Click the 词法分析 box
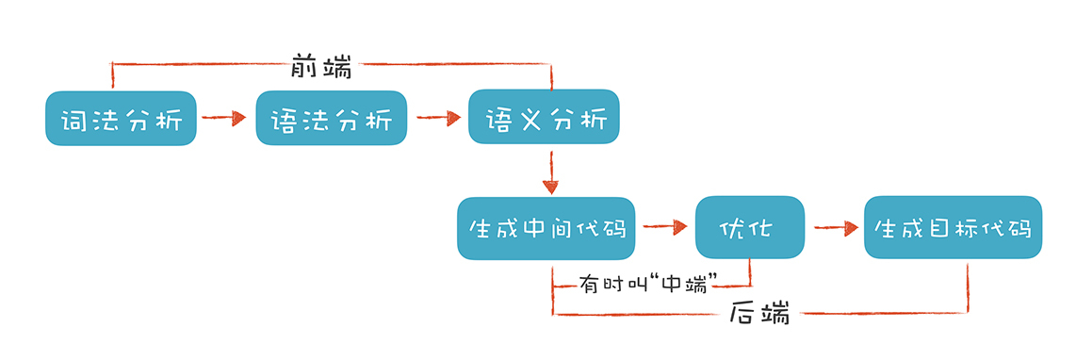tap(121, 118)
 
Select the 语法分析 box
tap(331, 118)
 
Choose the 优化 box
tap(749, 227)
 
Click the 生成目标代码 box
tap(953, 227)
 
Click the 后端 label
tap(759, 314)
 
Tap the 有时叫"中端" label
tap(648, 280)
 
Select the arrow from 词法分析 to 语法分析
tap(225, 118)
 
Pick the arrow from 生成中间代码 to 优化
tap(664, 226)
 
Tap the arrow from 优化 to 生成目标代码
tap(833, 227)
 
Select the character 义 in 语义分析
tap(525, 118)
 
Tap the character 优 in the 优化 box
tap(732, 228)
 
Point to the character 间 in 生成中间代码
tap(564, 228)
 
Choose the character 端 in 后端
tap(775, 314)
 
